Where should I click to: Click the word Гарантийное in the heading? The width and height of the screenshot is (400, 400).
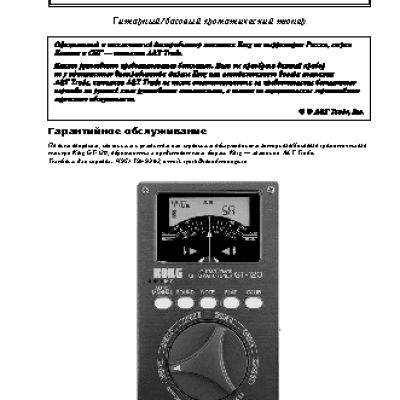85,159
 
